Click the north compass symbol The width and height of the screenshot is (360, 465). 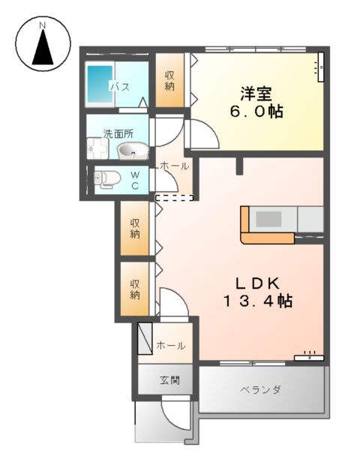43,47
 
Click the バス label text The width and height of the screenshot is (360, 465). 120,87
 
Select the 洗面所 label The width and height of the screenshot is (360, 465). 118,134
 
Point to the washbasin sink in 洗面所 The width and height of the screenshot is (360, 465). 132,151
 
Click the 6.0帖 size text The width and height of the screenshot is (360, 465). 256,112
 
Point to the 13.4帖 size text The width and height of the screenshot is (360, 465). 256,301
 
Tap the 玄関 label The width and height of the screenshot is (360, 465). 169,380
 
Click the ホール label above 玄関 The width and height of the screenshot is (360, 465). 169,346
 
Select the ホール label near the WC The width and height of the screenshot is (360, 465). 175,166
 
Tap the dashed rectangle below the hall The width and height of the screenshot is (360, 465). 173,198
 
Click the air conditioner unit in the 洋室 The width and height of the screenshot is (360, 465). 319,66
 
